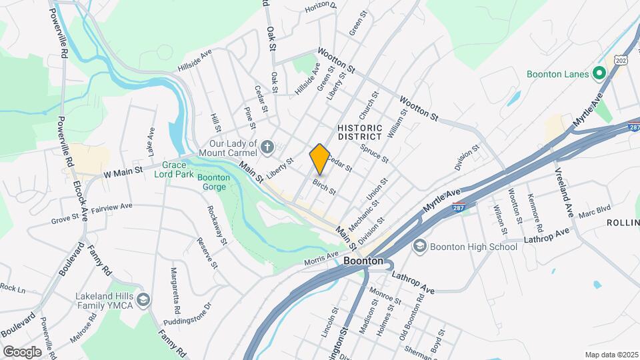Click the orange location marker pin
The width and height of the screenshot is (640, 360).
pos(319,159)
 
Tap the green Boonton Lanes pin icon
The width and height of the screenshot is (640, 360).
pos(599,74)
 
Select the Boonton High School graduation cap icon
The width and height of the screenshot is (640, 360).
pos(420,247)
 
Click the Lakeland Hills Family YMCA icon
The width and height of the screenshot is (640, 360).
pos(143,301)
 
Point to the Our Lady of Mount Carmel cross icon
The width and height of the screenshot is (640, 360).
pos(267,147)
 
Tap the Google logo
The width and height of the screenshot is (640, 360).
pos(22,351)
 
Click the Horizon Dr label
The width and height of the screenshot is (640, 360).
pos(321,7)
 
